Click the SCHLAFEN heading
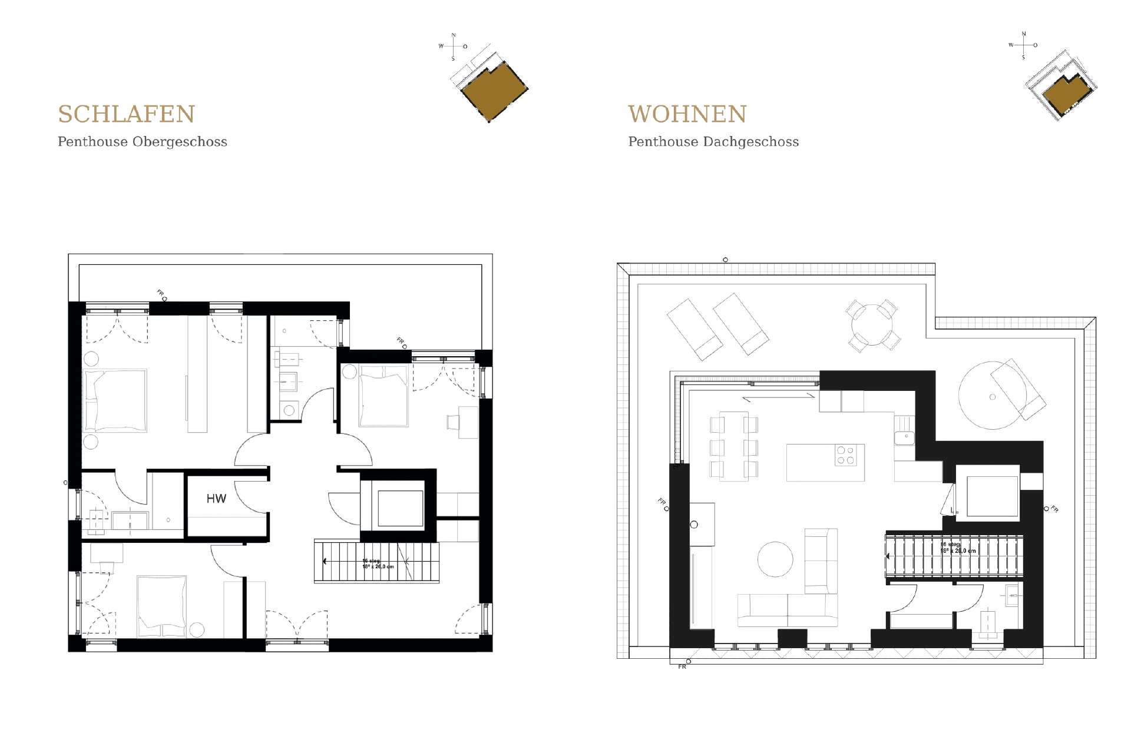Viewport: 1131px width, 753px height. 126,114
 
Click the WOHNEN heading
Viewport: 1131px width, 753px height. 687,114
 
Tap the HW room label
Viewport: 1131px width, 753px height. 216,499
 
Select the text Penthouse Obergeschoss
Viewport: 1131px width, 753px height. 142,142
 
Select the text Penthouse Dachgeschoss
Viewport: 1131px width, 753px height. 713,142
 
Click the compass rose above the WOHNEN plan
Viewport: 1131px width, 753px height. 1023,45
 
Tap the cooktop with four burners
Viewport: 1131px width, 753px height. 846,456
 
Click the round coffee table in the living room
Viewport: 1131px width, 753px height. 775,559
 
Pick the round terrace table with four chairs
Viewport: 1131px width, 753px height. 872,326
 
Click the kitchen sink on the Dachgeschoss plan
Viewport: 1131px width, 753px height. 903,437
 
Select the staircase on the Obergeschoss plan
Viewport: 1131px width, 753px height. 377,562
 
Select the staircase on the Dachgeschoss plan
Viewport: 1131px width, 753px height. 954,556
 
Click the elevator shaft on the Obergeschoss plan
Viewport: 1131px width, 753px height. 401,507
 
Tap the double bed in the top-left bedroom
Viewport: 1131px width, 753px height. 115,401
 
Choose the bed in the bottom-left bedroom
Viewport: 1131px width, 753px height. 161,606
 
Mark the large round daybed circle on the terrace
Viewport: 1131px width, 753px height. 992,396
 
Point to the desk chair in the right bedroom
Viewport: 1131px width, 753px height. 453,422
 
